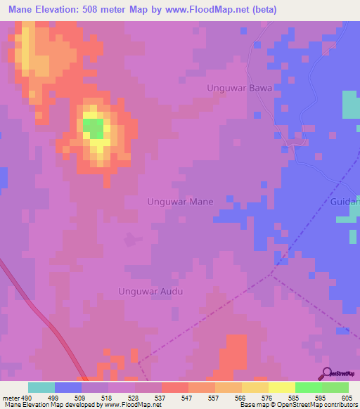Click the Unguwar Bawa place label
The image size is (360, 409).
[238, 88]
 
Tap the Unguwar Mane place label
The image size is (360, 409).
[180, 202]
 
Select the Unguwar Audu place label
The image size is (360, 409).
[150, 292]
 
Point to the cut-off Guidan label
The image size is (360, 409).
[345, 202]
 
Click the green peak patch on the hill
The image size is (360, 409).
[92, 128]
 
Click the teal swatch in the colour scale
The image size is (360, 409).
[41, 387]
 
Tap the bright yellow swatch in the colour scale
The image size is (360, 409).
[281, 387]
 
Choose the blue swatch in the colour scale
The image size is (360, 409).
[68, 387]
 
